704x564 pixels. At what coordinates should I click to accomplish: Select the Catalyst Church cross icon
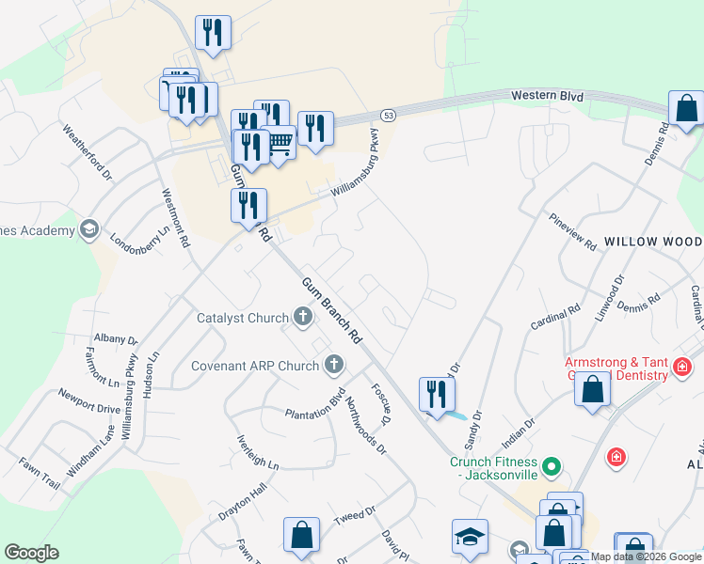(303, 318)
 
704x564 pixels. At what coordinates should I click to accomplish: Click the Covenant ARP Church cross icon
(333, 365)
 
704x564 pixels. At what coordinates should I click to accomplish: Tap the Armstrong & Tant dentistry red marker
(683, 367)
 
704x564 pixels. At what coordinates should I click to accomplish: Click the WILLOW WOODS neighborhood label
(653, 242)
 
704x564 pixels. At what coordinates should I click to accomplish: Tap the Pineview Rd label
(573, 231)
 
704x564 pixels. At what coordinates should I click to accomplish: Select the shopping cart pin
(280, 143)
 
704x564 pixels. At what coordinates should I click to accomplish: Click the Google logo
(31, 553)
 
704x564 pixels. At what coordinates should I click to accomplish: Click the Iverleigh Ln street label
(258, 452)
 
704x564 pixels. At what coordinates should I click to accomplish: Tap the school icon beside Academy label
(89, 229)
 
